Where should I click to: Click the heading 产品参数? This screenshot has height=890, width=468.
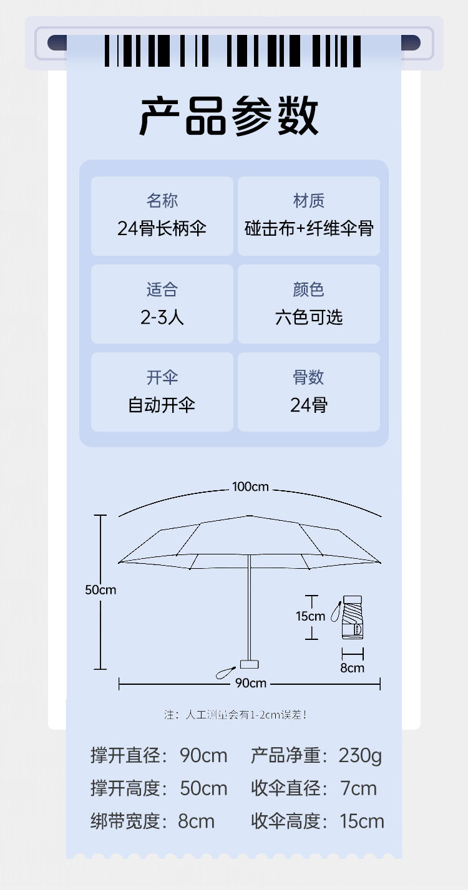point(228,117)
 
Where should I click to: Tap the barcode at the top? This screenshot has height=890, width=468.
point(233,51)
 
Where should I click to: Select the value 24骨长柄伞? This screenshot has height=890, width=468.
point(162,228)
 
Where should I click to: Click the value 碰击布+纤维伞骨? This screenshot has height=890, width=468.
point(309,228)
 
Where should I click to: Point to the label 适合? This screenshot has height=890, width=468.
point(162,289)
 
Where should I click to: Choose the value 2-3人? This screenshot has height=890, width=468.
point(162,317)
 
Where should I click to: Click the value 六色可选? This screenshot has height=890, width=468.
point(309,317)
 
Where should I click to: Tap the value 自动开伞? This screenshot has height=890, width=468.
point(162,405)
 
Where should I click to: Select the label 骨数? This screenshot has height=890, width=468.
point(309,377)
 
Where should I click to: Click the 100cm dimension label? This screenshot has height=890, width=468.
point(250,486)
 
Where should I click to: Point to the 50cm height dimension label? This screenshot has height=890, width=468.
point(100,589)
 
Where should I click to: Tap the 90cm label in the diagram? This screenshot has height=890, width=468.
point(250,684)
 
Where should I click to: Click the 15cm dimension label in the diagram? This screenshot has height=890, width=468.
point(310,616)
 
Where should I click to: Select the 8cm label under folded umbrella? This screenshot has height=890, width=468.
point(352,668)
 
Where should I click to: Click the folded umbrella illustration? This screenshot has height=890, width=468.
point(352,617)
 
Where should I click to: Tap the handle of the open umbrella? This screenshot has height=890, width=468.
point(250,664)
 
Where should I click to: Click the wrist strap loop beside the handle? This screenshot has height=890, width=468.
point(223,673)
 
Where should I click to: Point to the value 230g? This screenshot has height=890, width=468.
point(360,756)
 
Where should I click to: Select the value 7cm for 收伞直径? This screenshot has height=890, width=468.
point(358,788)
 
